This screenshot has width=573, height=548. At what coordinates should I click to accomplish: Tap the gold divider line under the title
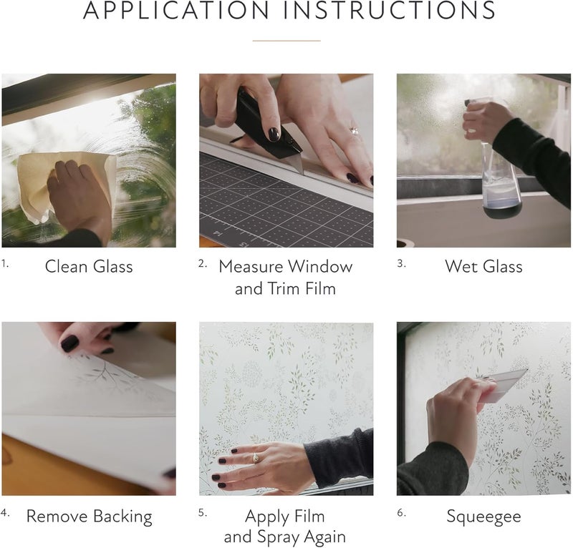pos(286,41)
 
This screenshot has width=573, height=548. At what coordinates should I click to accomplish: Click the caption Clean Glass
pos(89,267)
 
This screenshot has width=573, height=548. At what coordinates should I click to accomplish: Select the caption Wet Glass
pos(483,267)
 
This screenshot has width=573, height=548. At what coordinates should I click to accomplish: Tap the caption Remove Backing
pos(89,517)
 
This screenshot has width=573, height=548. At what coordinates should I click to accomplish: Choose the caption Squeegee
pos(483,517)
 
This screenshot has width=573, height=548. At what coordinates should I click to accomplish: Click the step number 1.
pos(4,263)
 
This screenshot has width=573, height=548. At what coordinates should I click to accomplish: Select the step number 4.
pos(5,513)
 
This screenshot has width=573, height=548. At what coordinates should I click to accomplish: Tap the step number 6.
pos(401,513)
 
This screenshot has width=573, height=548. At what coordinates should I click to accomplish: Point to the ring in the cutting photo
pos(353,131)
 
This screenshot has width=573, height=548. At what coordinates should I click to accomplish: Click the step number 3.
pos(401,263)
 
